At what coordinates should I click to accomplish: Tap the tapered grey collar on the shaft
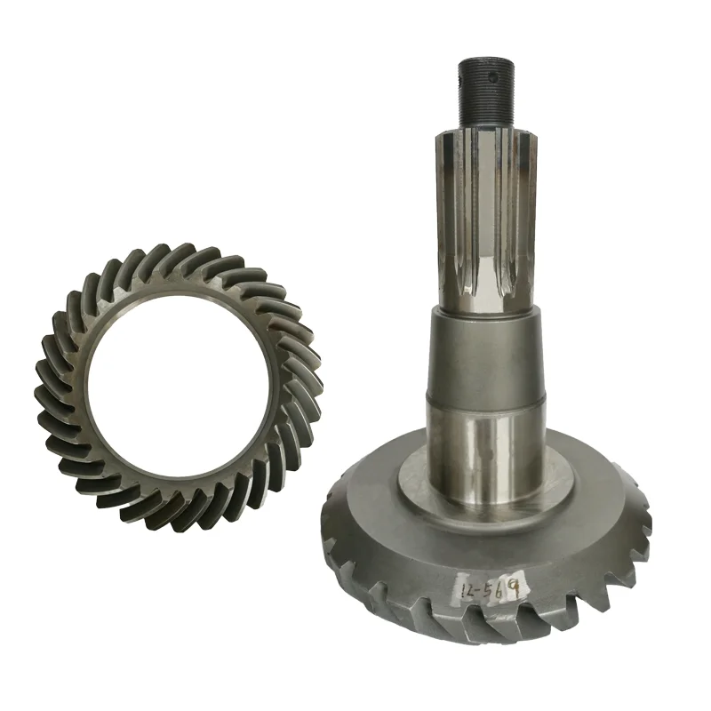pos(487,351)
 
